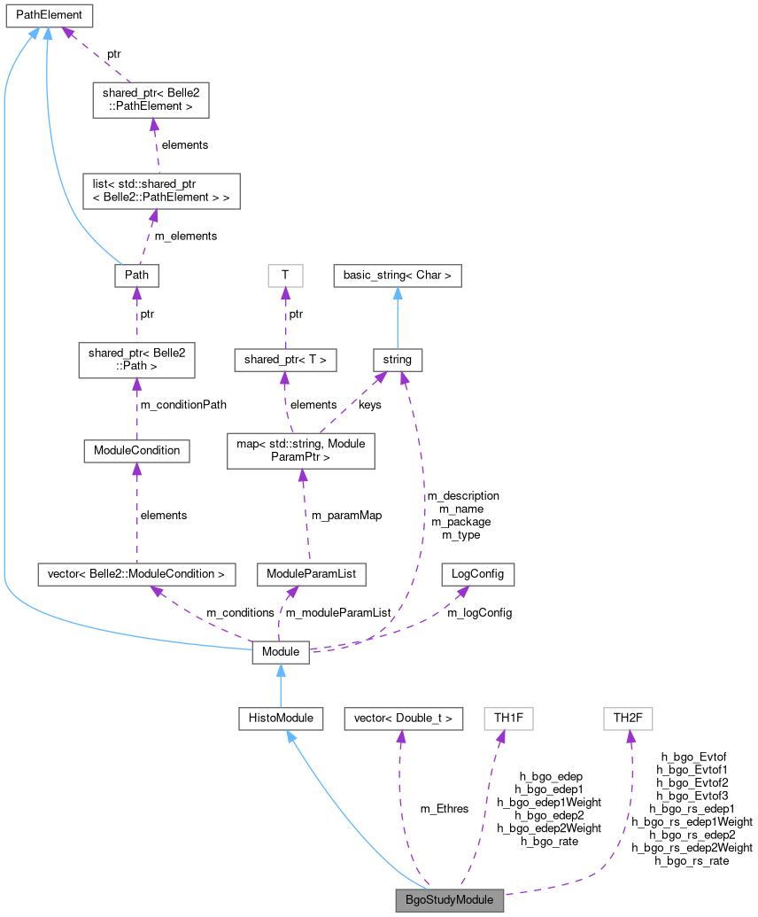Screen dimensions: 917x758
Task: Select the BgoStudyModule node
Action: [x=450, y=899]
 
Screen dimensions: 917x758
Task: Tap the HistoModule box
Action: [x=280, y=718]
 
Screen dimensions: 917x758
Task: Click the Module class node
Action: [x=281, y=653]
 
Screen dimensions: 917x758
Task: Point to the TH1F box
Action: [x=508, y=718]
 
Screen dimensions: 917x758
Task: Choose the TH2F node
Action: [x=627, y=718]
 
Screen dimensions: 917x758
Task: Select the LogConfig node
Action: [x=477, y=573]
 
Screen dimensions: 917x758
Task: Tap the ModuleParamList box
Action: [x=311, y=573]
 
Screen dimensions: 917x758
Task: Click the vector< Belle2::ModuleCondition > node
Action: [x=136, y=573]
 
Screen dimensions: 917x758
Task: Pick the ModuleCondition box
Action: [x=136, y=450]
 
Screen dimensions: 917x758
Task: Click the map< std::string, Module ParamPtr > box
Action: [x=301, y=450]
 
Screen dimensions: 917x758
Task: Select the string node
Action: [x=398, y=360]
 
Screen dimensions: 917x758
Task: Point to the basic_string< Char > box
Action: [x=398, y=276]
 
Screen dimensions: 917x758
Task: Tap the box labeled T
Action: [x=285, y=276]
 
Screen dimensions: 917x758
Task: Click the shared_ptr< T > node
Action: [x=285, y=360]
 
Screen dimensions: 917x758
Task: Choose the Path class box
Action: [x=136, y=276]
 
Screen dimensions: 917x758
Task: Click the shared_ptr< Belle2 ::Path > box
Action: [x=136, y=360]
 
